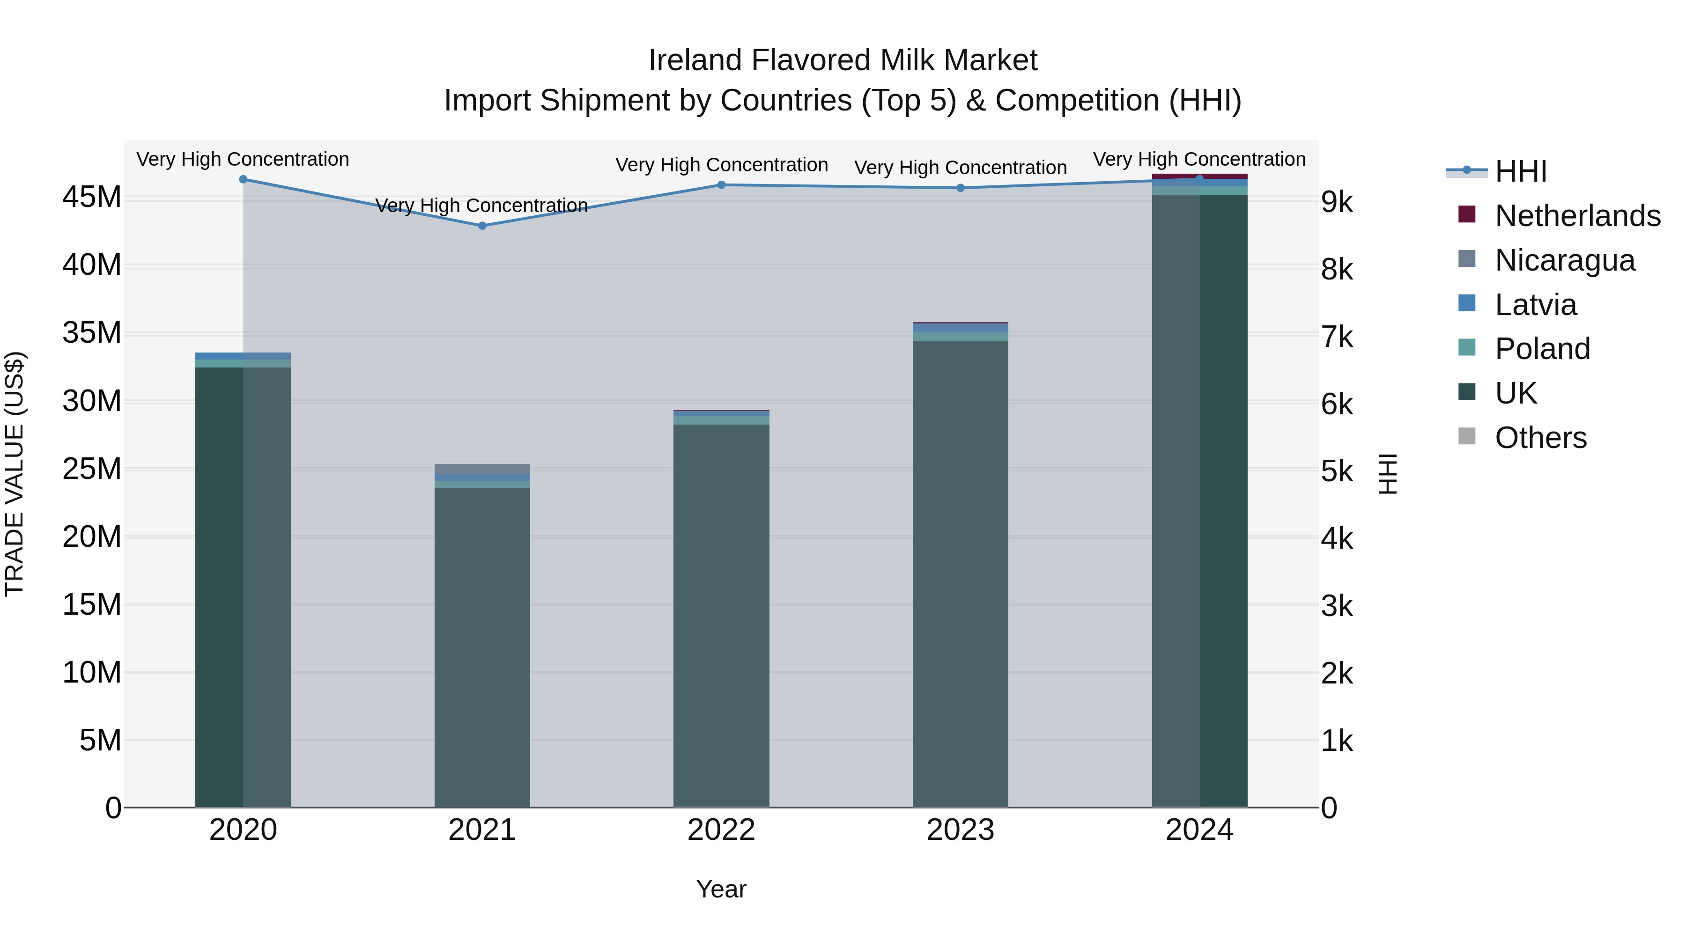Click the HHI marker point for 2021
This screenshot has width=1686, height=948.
[482, 226]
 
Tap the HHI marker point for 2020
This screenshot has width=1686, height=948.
[243, 179]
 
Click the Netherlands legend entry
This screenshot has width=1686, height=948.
[1577, 216]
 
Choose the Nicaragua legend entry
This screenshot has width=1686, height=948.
[1564, 260]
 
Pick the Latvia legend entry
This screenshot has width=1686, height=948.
[1536, 305]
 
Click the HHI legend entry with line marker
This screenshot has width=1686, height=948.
[1520, 171]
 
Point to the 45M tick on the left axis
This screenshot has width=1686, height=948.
[92, 197]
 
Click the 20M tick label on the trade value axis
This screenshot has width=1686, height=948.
[92, 537]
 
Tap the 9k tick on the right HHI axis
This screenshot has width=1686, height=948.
[1337, 202]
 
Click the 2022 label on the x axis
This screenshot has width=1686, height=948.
[721, 830]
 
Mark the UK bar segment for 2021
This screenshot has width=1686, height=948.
[482, 648]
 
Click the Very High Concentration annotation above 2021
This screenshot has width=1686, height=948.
[482, 206]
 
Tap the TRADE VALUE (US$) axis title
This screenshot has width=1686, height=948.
[15, 474]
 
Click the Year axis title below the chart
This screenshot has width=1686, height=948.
[721, 889]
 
